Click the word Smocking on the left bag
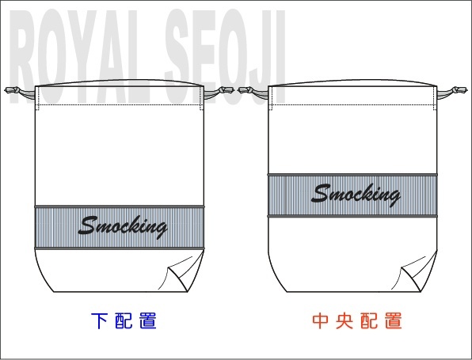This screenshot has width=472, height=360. point(123,227)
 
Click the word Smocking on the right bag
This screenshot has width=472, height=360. point(356,195)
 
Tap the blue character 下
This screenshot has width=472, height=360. point(99,321)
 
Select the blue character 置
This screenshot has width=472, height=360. point(148,321)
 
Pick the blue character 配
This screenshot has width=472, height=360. point(124,321)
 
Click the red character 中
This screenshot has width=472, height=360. point(320,321)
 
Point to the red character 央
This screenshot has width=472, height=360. point(344,321)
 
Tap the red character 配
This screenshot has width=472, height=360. point(369,321)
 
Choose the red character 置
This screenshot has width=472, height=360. point(394,321)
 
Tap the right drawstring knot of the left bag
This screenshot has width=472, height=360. point(226,90)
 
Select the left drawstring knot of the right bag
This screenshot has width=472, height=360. point(246,90)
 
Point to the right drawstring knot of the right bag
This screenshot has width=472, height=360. point(459,90)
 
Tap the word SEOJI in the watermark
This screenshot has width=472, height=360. point(225,57)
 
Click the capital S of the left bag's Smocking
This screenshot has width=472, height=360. point(88,225)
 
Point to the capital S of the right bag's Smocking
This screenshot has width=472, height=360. point(322,193)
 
